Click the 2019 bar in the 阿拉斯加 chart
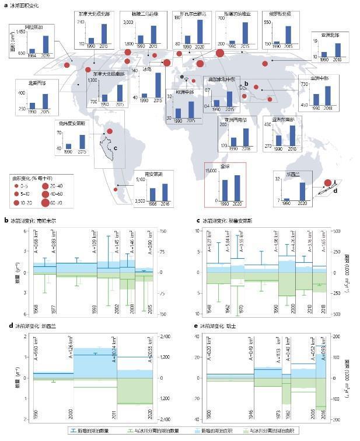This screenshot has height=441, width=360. coord(46,44)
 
